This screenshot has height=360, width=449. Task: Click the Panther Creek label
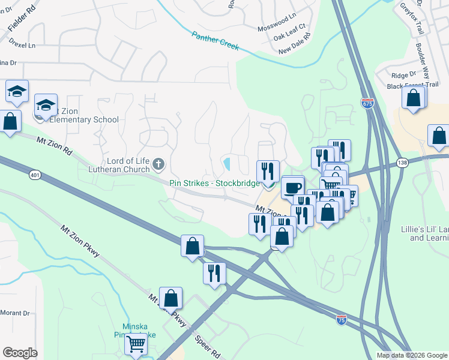coord(215,41)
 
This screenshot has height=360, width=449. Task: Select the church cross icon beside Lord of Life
coord(158,163)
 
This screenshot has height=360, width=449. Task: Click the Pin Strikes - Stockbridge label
coord(214,182)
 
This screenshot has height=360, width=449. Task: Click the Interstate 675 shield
coord(367,103)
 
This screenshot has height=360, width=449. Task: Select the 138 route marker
coord(402,163)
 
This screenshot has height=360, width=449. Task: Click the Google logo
coord(20,353)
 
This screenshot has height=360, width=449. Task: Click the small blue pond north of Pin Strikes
coord(228,163)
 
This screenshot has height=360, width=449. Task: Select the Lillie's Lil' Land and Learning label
coord(424,233)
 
